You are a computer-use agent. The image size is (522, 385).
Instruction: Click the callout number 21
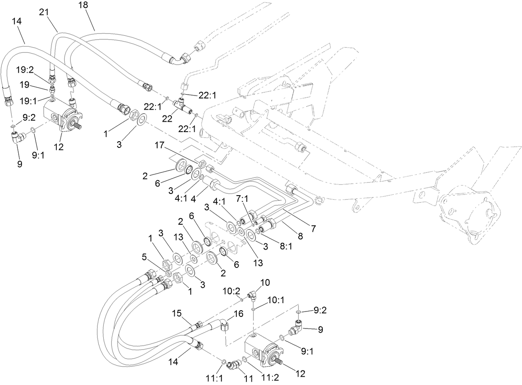click(44, 13)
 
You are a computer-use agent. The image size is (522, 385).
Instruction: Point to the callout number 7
click(314, 228)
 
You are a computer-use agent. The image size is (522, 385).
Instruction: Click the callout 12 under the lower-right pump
click(300, 373)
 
